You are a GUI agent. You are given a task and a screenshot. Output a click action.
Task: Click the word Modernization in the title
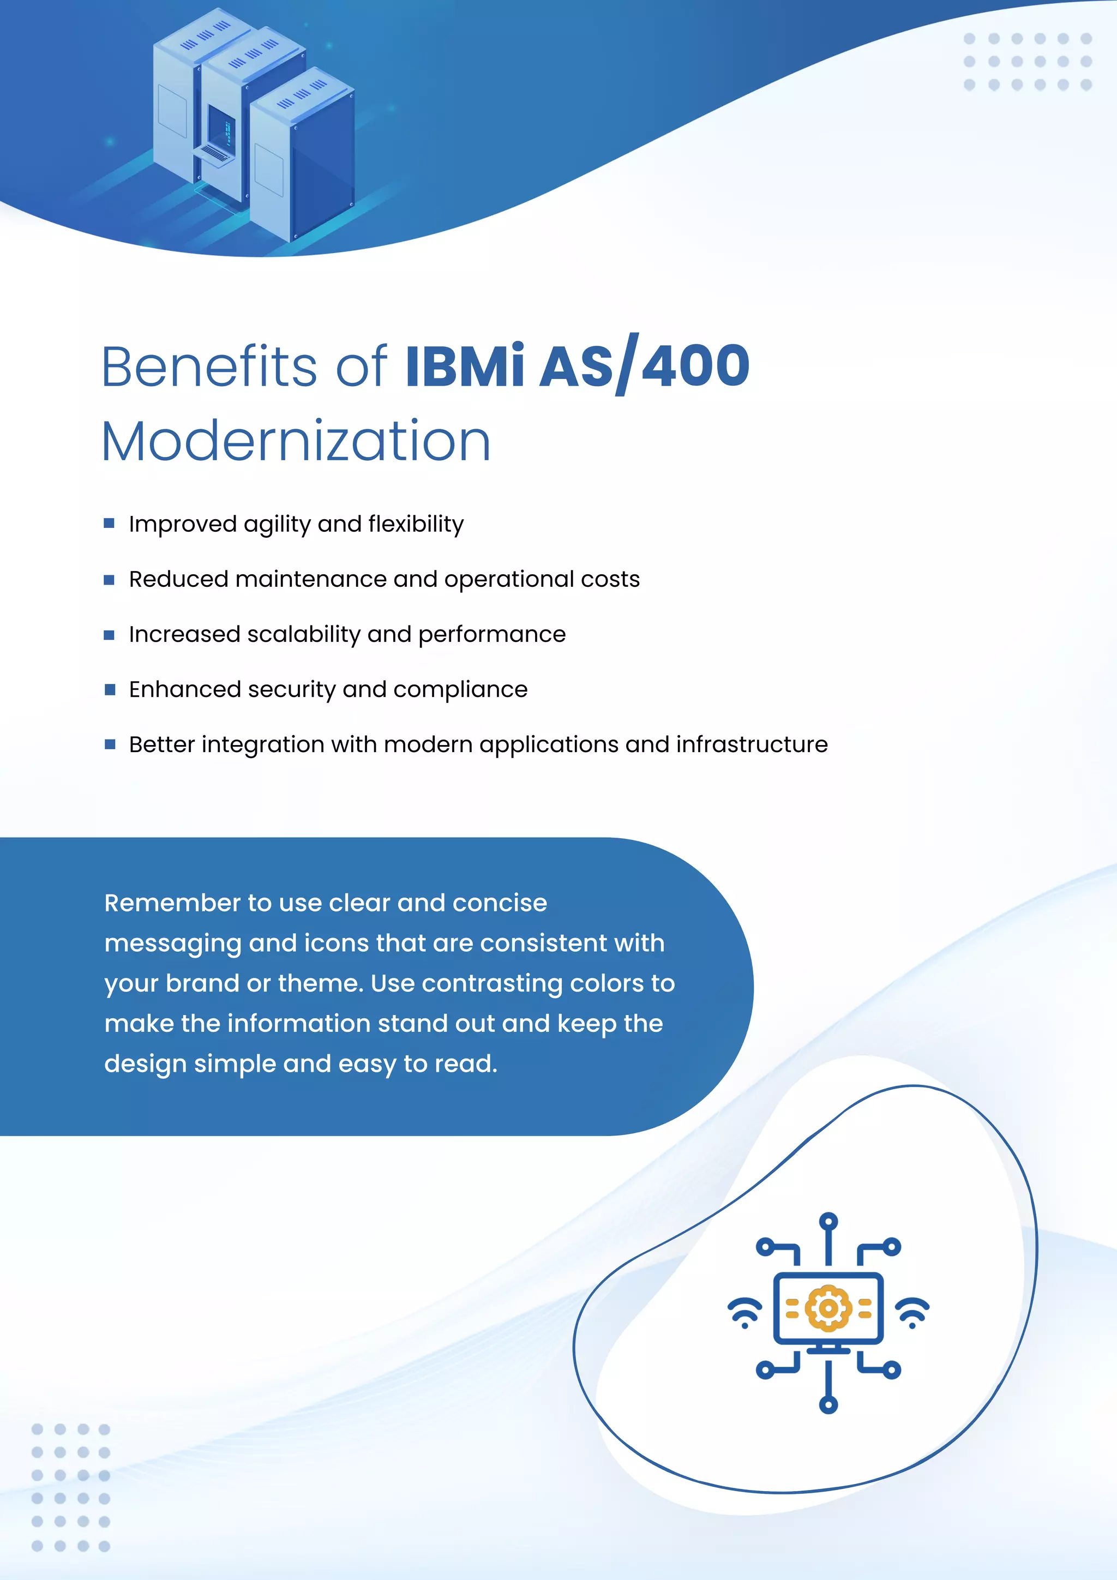click(x=296, y=441)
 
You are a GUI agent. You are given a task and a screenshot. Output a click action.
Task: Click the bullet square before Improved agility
click(x=109, y=524)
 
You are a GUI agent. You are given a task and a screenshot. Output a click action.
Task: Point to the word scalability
click(x=303, y=634)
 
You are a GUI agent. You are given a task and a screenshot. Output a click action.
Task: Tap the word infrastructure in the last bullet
click(x=752, y=744)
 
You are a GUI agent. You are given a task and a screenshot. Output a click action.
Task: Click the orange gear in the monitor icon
click(x=828, y=1307)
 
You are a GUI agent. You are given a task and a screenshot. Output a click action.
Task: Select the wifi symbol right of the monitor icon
click(x=912, y=1312)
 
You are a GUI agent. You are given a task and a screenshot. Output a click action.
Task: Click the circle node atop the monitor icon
click(x=828, y=1222)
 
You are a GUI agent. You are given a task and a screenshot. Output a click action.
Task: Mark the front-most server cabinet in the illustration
click(x=303, y=158)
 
